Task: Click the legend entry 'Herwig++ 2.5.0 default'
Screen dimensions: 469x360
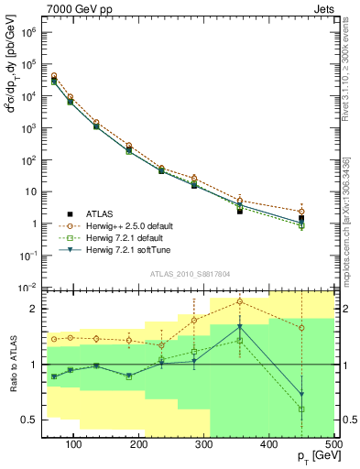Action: [x=137, y=226]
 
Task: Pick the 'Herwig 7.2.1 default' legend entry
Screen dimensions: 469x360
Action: [x=135, y=238]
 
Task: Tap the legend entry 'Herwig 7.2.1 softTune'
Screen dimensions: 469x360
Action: [x=136, y=250]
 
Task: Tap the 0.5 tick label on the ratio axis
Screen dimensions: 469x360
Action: [x=27, y=420]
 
